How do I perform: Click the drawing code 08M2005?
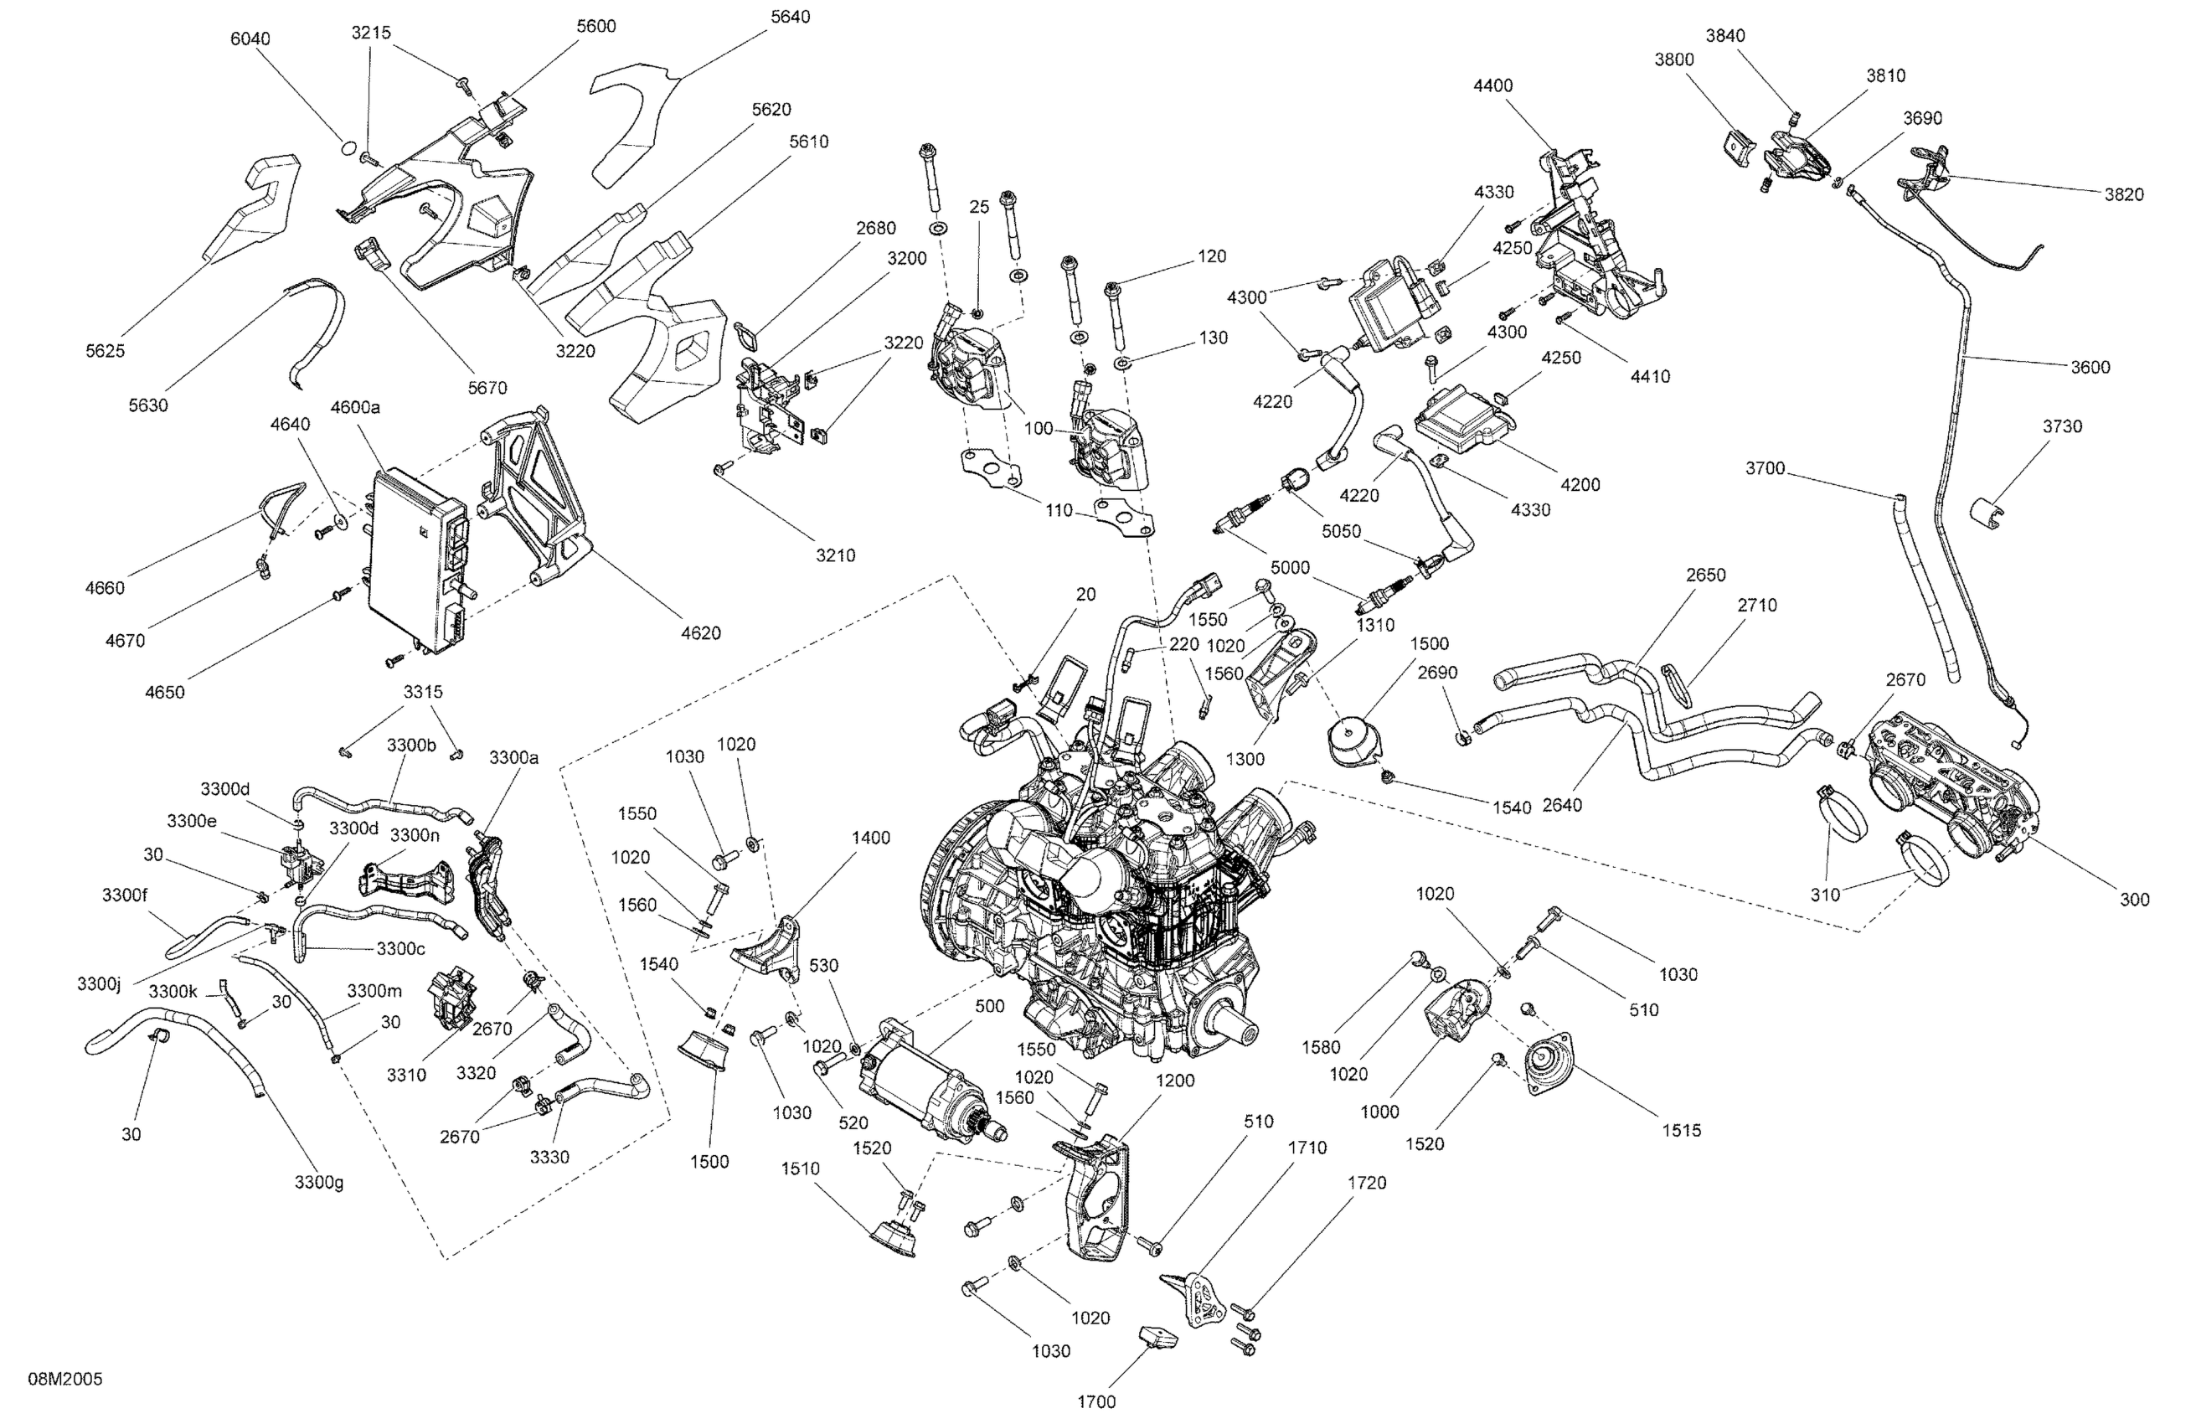pos(64,1379)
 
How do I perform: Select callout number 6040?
pos(250,39)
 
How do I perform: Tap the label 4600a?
pos(355,407)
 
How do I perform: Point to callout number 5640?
pos(790,17)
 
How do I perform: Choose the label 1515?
pos(1681,1130)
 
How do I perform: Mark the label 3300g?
pos(319,1182)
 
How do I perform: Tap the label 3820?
pos(2124,194)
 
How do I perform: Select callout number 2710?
pos(1757,606)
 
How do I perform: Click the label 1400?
pos(871,838)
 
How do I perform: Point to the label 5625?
pos(106,351)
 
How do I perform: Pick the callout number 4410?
pos(1650,377)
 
